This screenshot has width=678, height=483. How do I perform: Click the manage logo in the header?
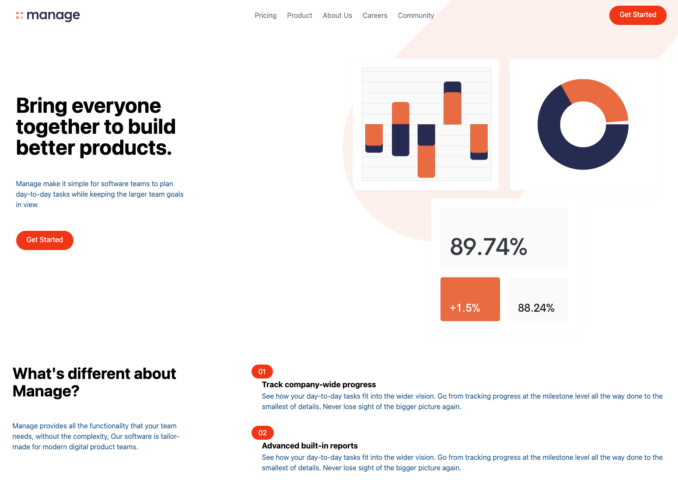coord(48,15)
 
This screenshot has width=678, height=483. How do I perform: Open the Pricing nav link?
coord(266,15)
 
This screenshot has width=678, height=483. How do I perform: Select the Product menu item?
coord(299,15)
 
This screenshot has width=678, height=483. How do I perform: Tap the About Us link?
coord(337,15)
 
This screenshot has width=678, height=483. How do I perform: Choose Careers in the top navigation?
coord(375,15)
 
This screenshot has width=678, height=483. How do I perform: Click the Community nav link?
coord(416,15)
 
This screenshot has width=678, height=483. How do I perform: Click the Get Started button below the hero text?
coord(45,240)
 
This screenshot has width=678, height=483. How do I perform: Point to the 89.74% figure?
coord(489,247)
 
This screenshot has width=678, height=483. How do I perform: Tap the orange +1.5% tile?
coord(470,299)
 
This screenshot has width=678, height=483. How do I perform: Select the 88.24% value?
coord(536,308)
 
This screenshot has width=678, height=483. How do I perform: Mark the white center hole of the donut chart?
coord(583,124)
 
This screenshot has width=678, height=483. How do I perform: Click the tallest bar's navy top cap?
coord(452,87)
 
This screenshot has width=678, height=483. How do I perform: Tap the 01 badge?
coord(262,372)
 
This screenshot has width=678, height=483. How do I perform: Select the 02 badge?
coord(262,433)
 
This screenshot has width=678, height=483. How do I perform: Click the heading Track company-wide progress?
coord(319,384)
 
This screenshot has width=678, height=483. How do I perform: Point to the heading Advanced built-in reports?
coord(310,445)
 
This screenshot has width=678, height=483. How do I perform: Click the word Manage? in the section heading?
coord(45,391)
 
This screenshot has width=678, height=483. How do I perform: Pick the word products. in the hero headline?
coord(126,148)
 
